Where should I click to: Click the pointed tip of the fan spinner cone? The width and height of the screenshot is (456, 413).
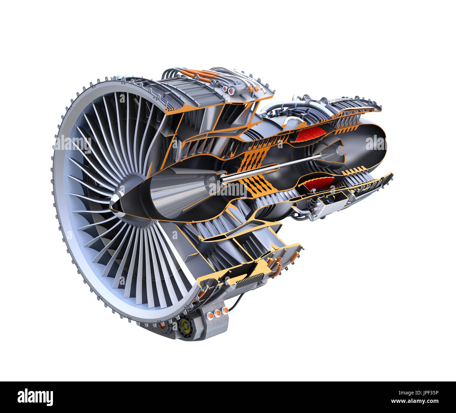(x=112, y=207)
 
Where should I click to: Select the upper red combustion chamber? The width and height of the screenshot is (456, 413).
(x=310, y=134)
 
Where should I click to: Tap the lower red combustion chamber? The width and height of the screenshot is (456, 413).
(x=318, y=183)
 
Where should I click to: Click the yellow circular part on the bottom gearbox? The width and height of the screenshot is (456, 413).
(x=185, y=326)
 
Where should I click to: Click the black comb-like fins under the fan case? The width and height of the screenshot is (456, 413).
(x=249, y=280)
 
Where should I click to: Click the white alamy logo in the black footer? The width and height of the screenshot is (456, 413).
(x=35, y=397)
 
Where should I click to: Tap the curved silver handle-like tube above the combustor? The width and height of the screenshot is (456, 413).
(x=291, y=121)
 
